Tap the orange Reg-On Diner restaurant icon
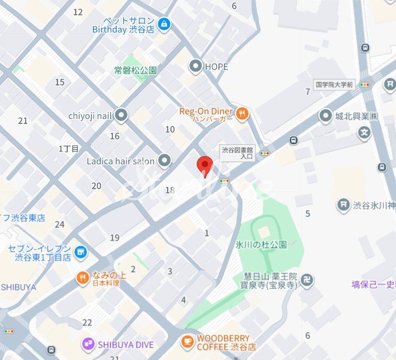point(242,115)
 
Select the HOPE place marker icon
point(196,66)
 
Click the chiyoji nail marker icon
point(121,116)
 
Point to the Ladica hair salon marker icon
point(164,160)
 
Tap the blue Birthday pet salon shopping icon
point(164,23)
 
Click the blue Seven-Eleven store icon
point(80,253)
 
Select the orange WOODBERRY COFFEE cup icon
point(187,342)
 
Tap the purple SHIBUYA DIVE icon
point(88,344)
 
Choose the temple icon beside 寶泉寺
point(308,280)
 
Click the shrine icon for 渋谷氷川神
point(344,204)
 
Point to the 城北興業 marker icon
point(325,117)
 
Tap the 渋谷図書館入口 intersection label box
point(237,153)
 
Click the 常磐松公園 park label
point(135,70)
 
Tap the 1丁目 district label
point(68,148)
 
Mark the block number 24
point(59,224)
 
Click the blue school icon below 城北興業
point(364,133)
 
